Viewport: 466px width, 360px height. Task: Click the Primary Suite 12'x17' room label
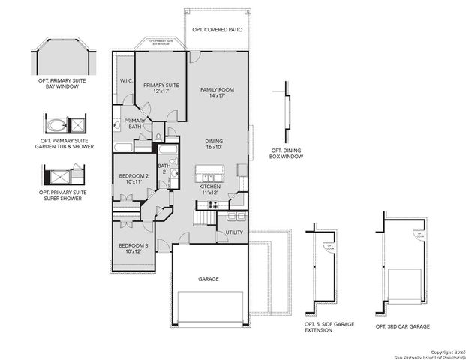(x=161, y=88)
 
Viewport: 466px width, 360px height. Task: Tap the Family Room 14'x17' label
(x=217, y=93)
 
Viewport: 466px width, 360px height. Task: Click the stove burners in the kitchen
(x=212, y=204)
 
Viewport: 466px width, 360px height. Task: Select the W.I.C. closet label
(x=126, y=81)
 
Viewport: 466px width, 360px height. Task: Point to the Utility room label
(x=233, y=233)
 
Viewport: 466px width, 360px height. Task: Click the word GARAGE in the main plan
(x=209, y=278)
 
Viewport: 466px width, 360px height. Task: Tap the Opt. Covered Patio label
(x=218, y=29)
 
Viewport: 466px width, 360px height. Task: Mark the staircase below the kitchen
(x=203, y=218)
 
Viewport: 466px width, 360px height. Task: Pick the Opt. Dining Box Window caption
(x=287, y=154)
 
